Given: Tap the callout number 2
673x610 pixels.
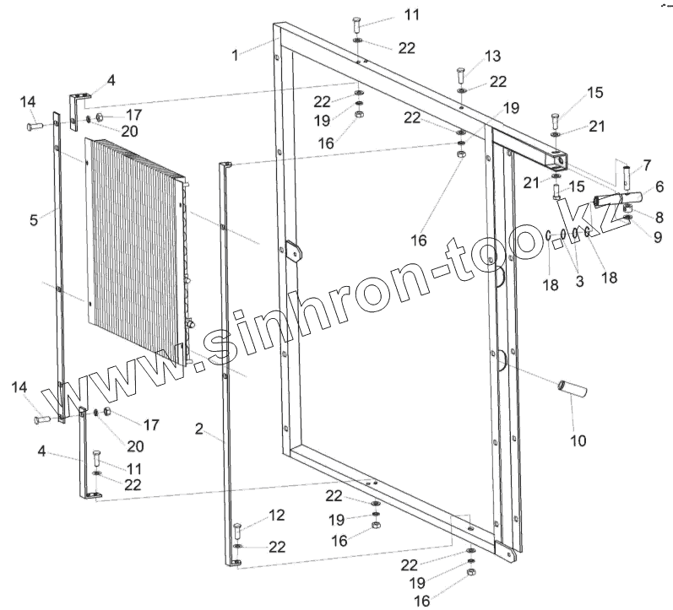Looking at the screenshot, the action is click(199, 429).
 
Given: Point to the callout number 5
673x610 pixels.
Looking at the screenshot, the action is click(34, 220).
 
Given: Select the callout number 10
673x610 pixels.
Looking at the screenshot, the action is click(578, 440).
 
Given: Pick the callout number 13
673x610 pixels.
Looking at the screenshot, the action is click(492, 57).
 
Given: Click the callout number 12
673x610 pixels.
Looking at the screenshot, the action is click(277, 514).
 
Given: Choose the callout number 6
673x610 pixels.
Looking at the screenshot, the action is click(659, 186).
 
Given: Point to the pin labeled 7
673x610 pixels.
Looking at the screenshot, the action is click(626, 176).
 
